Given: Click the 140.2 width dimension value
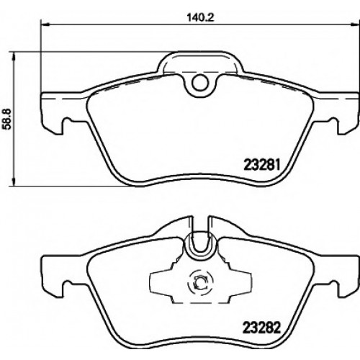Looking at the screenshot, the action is click(x=200, y=17).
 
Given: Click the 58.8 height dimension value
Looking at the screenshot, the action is click(x=7, y=119).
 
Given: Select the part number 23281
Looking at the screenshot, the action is click(x=262, y=165).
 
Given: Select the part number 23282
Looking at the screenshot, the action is click(x=262, y=328).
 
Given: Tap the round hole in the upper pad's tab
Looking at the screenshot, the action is click(x=199, y=83).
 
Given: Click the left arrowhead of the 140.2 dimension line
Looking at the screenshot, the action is click(x=45, y=24).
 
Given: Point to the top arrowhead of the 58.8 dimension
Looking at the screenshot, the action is click(x=14, y=55).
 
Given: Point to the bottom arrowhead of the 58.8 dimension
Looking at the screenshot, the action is click(x=14, y=181).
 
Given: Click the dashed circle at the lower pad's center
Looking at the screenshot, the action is click(x=200, y=284).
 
